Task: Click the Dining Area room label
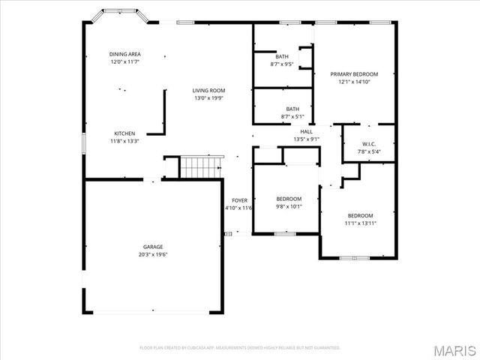[x=125, y=54]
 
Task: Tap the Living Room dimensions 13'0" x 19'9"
[x=209, y=97]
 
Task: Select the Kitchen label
[x=124, y=133]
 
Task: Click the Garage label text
[x=153, y=247]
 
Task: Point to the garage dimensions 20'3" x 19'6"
[x=153, y=254]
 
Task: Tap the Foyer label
[x=239, y=200]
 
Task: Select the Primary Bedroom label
[x=354, y=74]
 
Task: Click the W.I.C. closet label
[x=368, y=144]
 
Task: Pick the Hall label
[x=307, y=131]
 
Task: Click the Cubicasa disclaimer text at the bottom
[x=240, y=347]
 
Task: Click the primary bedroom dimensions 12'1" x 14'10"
[x=354, y=82]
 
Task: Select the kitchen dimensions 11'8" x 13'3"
[x=124, y=140]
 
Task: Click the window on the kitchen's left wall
[x=82, y=142]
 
